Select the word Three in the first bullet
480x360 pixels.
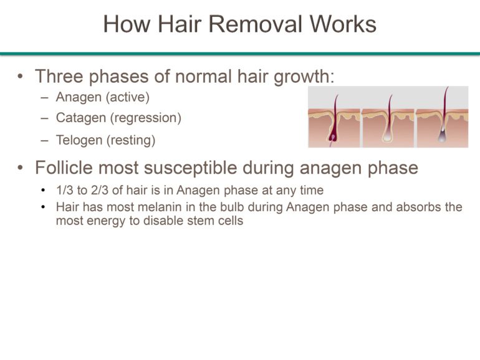[x=62, y=77]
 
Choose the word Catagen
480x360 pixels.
[x=80, y=118]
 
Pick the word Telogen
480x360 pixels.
[x=79, y=140]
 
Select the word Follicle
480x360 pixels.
[x=67, y=168]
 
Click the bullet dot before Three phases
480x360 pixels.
[x=22, y=77]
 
